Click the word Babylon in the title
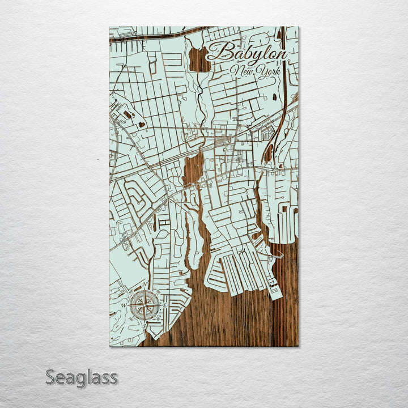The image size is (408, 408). click(x=246, y=52)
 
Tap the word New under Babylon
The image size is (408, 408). click(x=242, y=71)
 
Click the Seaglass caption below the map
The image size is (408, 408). click(x=81, y=377)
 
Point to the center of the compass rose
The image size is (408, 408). click(x=144, y=305)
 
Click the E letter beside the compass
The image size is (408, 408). click(x=164, y=305)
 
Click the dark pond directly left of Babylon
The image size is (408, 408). click(x=199, y=60)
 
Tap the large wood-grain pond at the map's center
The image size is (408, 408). click(x=193, y=169)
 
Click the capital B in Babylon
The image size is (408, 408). click(x=218, y=52)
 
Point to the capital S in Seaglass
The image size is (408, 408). click(x=51, y=377)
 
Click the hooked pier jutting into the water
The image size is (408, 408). click(x=276, y=256)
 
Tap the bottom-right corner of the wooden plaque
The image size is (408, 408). click(x=298, y=346)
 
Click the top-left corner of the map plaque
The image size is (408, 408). click(x=110, y=27)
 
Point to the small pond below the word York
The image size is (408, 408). click(x=274, y=96)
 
